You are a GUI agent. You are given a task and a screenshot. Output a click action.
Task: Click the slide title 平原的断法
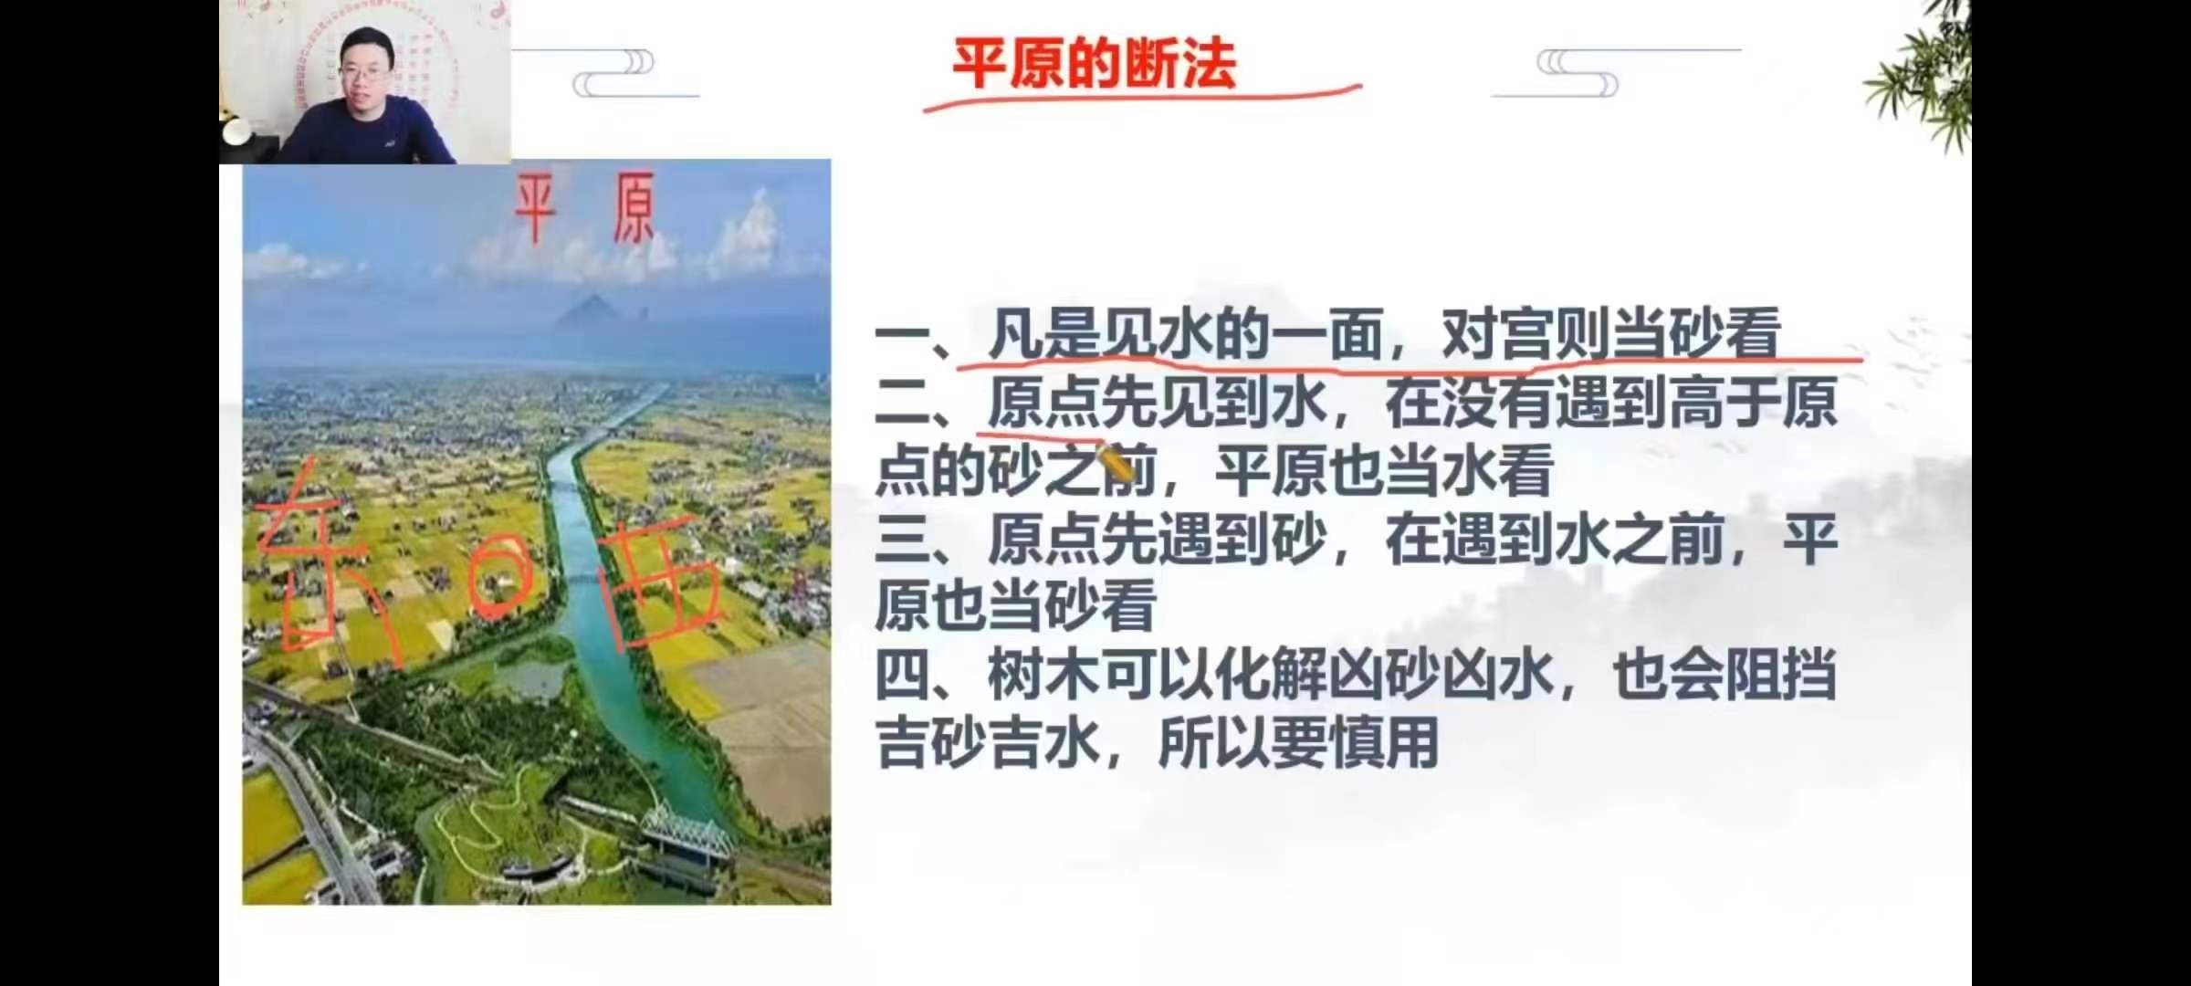pos(1094,63)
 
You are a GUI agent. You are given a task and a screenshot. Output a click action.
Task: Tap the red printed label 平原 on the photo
pos(585,209)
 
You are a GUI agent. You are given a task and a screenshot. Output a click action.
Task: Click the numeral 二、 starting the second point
pos(913,404)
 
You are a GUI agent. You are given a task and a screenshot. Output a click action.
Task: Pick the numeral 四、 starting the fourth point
pos(913,677)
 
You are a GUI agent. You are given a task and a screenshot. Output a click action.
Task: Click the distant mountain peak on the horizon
pos(593,310)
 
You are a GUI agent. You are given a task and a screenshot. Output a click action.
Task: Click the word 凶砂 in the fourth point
pos(1384,677)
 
